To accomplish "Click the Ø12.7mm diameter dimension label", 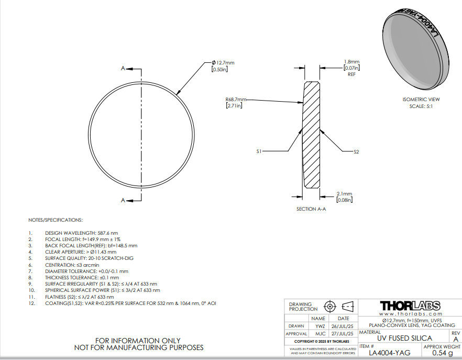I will pyautogui.click(x=222, y=63).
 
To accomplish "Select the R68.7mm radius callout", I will pyautogui.click(x=234, y=100).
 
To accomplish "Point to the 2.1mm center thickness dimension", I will pyautogui.click(x=344, y=193).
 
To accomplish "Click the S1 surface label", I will pyautogui.click(x=259, y=151).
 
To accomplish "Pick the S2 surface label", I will pyautogui.click(x=356, y=151).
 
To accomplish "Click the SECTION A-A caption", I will pyautogui.click(x=311, y=209).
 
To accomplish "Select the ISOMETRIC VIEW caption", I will pyautogui.click(x=421, y=100).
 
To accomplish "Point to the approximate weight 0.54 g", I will pyautogui.click(x=442, y=353).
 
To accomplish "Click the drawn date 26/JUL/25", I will pyautogui.click(x=343, y=326).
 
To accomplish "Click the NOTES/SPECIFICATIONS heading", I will pyautogui.click(x=56, y=220).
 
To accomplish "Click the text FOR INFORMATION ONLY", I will pyautogui.click(x=139, y=340).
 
